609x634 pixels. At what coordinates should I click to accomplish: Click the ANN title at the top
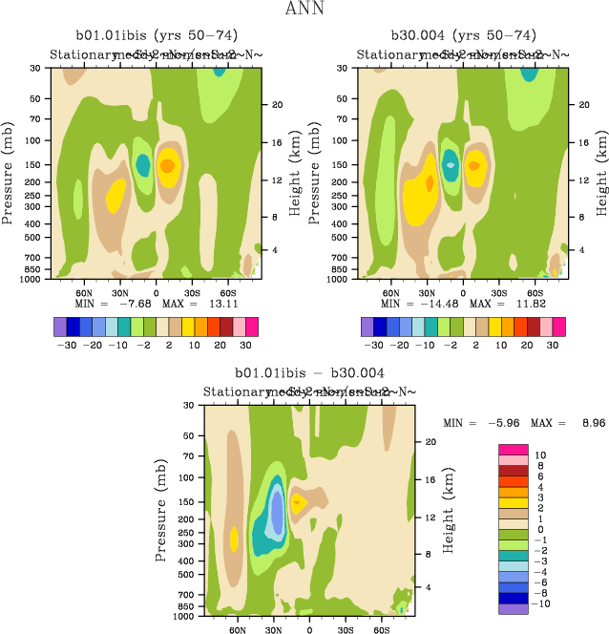tap(304, 10)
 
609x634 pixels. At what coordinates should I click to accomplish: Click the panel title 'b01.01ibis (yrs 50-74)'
tap(152, 36)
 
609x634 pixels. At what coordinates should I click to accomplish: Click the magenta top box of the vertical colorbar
tap(514, 449)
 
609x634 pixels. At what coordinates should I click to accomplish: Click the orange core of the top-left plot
tap(167, 165)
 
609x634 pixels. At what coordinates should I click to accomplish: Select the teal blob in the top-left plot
tap(143, 165)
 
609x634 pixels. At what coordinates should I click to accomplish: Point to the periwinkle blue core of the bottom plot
tap(276, 511)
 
